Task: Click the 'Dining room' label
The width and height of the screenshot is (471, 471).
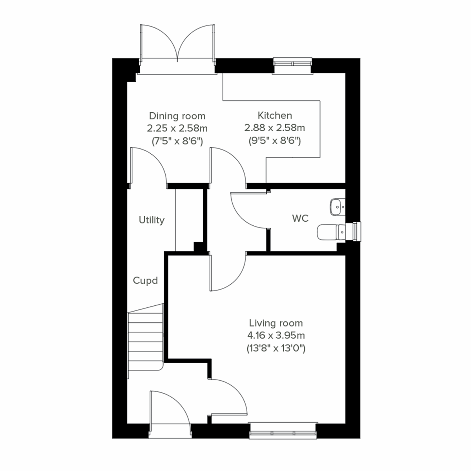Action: tap(177, 116)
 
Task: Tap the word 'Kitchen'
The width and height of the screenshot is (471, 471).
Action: tap(275, 115)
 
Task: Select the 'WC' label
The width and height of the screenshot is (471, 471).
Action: tap(300, 219)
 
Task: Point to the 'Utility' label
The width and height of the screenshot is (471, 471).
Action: tap(152, 220)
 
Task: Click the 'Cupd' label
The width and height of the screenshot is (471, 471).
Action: tap(145, 281)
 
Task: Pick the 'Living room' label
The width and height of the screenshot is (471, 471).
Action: tap(276, 323)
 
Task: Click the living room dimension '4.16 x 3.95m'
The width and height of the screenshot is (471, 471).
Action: tap(276, 336)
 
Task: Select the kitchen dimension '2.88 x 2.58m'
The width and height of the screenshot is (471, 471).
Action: tap(275, 128)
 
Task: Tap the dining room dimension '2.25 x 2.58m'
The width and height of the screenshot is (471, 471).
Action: tap(177, 128)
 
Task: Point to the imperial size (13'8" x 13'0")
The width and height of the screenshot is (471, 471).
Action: tap(276, 348)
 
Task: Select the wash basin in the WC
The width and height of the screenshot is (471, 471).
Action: tap(336, 206)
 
